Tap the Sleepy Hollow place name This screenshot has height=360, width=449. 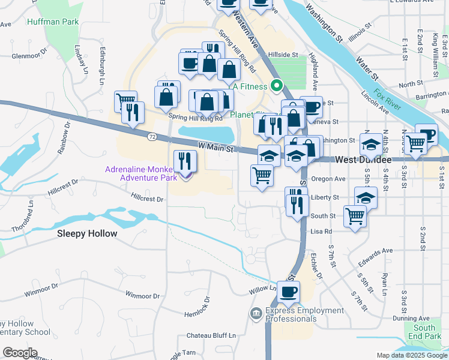88,233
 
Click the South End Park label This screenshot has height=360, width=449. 424,332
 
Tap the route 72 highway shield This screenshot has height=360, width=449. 153,137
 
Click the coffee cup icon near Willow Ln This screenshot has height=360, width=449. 289,292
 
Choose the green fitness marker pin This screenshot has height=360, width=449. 277,86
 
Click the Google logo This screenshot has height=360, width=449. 20,353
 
